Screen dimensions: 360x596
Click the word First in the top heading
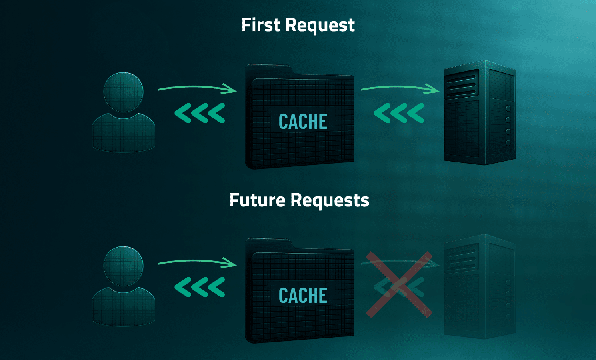(x=260, y=25)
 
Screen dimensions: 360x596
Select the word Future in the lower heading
(x=257, y=200)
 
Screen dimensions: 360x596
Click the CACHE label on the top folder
(x=303, y=122)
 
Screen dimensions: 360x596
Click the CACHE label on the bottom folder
(x=303, y=296)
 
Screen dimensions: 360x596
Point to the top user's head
(x=123, y=92)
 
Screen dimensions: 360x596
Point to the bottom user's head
(x=123, y=266)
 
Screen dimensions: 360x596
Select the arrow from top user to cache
(x=198, y=88)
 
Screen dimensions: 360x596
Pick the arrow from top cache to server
(x=400, y=88)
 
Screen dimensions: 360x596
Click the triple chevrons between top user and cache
(x=200, y=113)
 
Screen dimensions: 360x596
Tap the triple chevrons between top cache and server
(x=399, y=113)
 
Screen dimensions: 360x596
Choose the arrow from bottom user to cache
(x=198, y=262)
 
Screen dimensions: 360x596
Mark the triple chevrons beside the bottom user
(x=200, y=287)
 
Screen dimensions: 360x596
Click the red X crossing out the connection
(x=399, y=284)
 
